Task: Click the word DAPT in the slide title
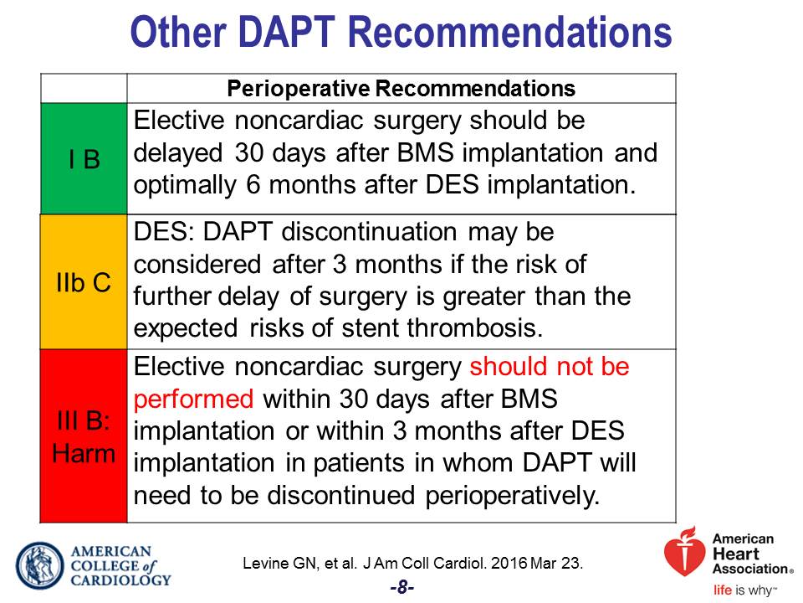click(x=287, y=32)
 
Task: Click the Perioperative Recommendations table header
click(x=401, y=88)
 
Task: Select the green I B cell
click(x=84, y=158)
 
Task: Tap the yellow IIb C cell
click(x=84, y=281)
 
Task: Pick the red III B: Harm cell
click(x=84, y=435)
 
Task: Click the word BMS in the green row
click(x=425, y=152)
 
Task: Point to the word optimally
click(x=186, y=186)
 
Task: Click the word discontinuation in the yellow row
click(x=369, y=232)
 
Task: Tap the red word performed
click(x=193, y=399)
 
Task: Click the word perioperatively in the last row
click(x=512, y=496)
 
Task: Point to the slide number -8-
click(x=402, y=587)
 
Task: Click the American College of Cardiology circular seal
click(x=40, y=565)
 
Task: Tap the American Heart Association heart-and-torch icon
click(x=683, y=551)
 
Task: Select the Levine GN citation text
click(x=412, y=563)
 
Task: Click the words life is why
click(x=745, y=590)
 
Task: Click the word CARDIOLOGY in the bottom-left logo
click(x=120, y=580)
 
